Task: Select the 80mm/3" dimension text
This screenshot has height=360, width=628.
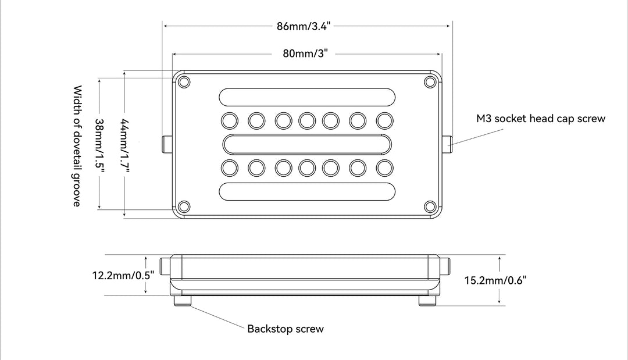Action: (x=306, y=54)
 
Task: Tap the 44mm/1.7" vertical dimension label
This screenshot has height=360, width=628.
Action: (x=124, y=145)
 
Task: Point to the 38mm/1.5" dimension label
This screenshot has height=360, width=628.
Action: (x=99, y=145)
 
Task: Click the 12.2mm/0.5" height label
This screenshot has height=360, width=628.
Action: (x=123, y=275)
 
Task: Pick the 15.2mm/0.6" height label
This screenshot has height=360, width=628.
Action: (x=495, y=280)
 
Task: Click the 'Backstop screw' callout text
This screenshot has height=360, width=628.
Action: (x=286, y=329)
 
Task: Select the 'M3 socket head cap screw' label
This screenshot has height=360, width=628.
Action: (x=541, y=119)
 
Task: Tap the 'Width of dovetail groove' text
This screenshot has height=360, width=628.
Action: (x=77, y=145)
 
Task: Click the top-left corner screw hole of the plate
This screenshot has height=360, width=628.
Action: (x=184, y=81)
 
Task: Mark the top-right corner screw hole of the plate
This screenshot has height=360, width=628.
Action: (x=430, y=81)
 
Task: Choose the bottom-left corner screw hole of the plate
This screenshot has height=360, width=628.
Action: (x=184, y=206)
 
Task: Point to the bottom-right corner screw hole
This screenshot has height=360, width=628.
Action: (x=430, y=206)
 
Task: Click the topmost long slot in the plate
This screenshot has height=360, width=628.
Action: (x=306, y=97)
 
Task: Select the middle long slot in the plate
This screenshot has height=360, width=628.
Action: (x=306, y=144)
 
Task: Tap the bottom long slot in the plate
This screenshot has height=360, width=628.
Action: (x=306, y=191)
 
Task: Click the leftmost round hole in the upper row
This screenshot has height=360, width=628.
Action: (x=230, y=120)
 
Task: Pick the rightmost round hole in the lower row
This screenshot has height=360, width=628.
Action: (x=384, y=168)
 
